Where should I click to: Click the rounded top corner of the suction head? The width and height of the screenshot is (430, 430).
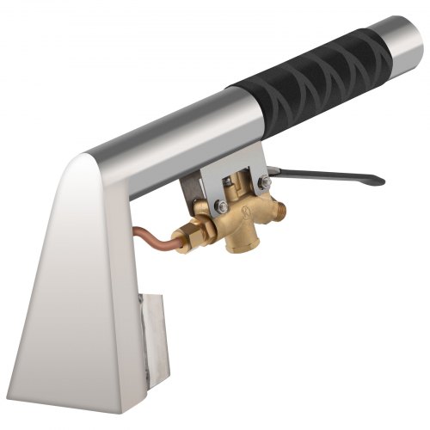click(87, 158)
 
